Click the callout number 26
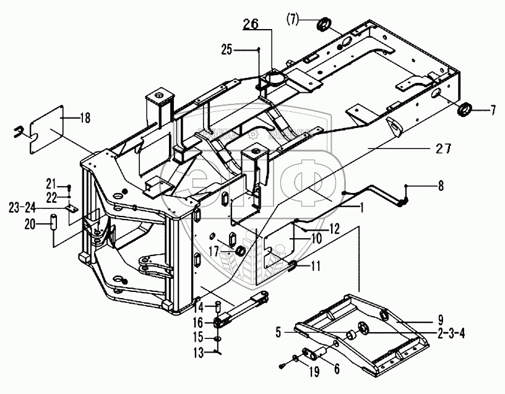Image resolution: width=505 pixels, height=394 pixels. click(251, 25)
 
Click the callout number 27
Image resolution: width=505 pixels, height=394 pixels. click(443, 148)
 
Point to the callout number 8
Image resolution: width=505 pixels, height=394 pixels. click(441, 184)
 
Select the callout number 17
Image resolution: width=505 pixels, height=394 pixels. click(214, 251)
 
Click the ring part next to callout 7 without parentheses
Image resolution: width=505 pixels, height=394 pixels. click(464, 109)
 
